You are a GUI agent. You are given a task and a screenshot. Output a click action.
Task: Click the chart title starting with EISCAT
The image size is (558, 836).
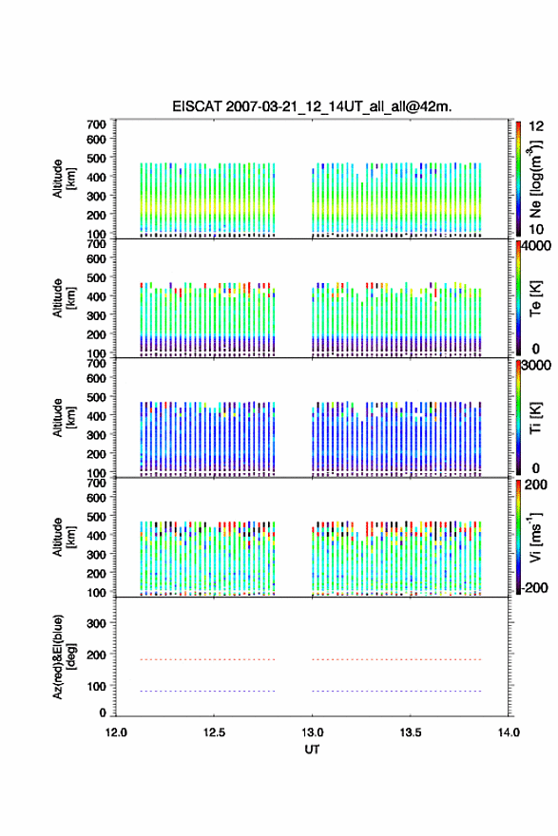(x=312, y=106)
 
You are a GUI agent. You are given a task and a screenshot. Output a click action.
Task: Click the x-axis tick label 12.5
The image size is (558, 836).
(x=214, y=732)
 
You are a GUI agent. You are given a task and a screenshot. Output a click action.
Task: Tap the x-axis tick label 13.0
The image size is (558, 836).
(x=312, y=732)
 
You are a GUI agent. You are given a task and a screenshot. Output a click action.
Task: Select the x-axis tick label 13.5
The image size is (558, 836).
(x=411, y=732)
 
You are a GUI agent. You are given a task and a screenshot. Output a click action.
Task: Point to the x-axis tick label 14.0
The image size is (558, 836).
(x=509, y=732)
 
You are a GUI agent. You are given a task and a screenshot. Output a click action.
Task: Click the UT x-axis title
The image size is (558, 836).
(x=312, y=750)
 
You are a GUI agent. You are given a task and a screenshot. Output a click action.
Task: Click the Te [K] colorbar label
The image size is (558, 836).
(x=535, y=298)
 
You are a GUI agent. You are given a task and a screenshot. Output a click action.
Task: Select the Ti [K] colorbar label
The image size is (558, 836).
(x=535, y=417)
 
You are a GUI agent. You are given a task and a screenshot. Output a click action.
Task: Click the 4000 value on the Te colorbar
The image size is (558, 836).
(x=537, y=246)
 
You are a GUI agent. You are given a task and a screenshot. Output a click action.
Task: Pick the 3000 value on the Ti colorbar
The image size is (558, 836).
(x=537, y=365)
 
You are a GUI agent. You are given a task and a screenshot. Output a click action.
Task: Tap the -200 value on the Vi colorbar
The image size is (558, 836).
(x=534, y=587)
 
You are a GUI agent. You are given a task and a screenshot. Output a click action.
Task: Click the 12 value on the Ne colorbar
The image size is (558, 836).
(x=536, y=126)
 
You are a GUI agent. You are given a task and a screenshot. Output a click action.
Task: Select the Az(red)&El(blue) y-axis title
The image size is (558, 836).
(x=64, y=656)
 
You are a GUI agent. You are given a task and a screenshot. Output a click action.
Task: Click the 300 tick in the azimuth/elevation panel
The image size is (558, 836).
(x=96, y=623)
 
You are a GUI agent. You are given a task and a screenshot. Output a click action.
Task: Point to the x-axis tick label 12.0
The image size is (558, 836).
(x=116, y=732)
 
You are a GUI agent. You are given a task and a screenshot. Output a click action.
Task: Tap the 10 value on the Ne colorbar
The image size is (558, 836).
(x=536, y=229)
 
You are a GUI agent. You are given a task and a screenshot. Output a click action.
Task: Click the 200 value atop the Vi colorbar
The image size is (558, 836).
(x=536, y=484)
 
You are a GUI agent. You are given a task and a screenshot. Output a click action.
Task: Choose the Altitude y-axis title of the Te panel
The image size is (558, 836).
(x=64, y=298)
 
